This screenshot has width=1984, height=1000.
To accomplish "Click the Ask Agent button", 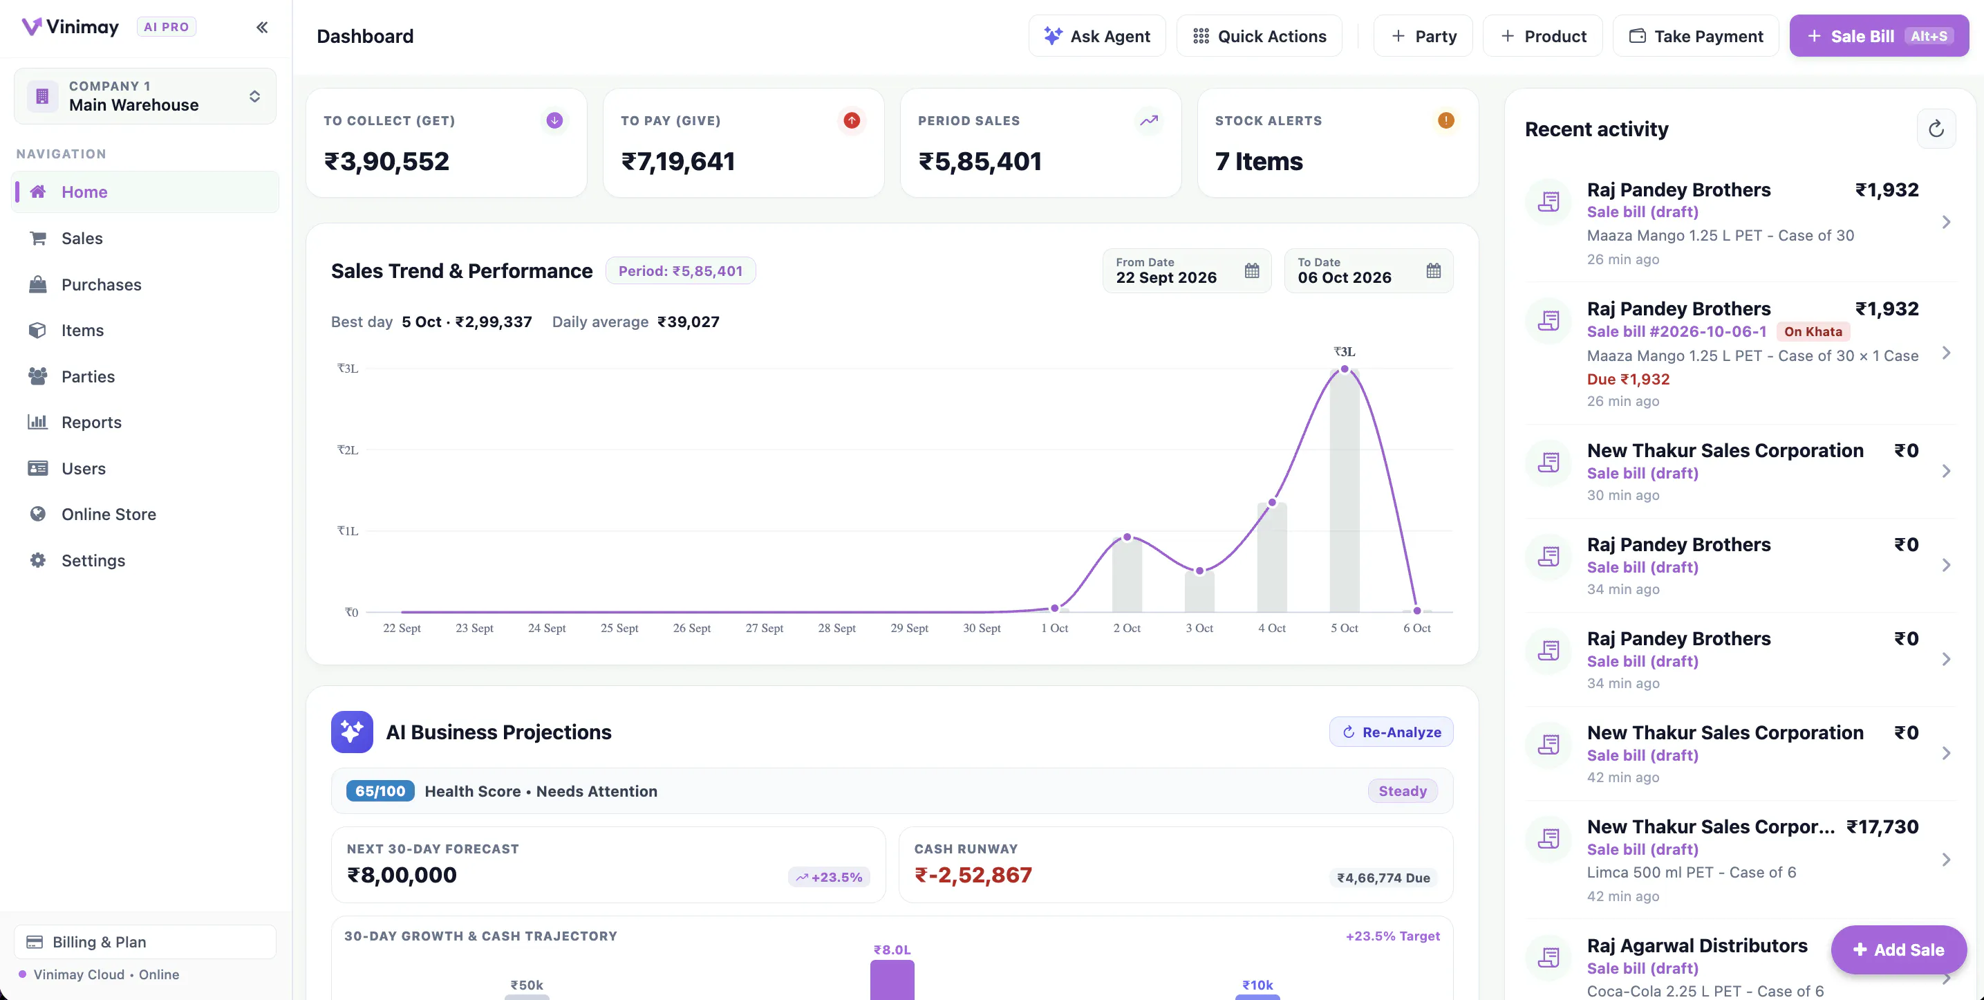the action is tap(1097, 36).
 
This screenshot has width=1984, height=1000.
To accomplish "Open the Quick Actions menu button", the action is tap(1260, 36).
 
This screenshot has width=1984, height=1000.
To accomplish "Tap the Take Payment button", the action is tap(1695, 36).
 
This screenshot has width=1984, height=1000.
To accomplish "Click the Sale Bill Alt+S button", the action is tap(1878, 36).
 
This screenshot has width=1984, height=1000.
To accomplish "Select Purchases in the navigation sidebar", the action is tap(101, 284).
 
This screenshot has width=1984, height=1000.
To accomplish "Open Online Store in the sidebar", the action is tap(109, 514).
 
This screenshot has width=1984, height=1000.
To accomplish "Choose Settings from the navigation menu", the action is tap(93, 560).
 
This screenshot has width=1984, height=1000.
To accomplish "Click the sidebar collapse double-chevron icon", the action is tap(262, 28).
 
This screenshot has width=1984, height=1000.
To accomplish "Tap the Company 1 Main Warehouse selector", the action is tap(144, 96).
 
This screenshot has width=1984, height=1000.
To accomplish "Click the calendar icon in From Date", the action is tap(1251, 270).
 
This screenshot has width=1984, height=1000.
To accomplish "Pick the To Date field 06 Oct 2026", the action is tap(1369, 270).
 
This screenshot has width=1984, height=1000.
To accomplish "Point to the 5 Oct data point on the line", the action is tap(1344, 369).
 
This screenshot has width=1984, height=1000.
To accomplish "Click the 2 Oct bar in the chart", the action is tap(1127, 575).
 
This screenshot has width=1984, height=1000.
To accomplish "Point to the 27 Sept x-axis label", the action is tap(764, 628).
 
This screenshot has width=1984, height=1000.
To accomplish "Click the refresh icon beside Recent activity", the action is tap(1936, 129).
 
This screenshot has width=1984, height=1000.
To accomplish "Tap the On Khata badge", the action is tap(1813, 331).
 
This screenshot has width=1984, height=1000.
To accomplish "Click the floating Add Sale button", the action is tap(1898, 950).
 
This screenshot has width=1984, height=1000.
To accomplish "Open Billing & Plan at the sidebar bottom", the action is tap(144, 941).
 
